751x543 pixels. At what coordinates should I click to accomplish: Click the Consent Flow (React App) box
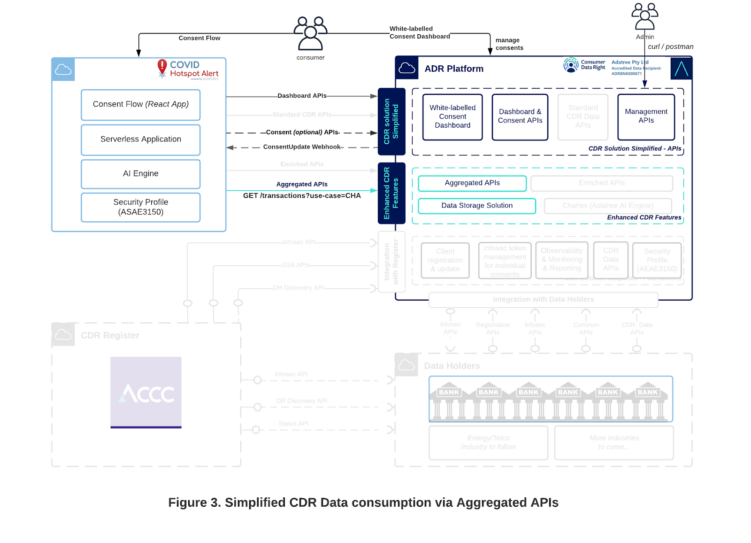[140, 104]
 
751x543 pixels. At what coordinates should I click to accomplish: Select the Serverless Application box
[140, 140]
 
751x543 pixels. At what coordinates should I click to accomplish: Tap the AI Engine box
[140, 174]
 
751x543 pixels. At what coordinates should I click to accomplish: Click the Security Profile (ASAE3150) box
[140, 207]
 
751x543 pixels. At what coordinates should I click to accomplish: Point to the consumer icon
[310, 33]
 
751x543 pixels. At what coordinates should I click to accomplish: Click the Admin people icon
[644, 17]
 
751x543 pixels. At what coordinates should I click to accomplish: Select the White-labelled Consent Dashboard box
[452, 116]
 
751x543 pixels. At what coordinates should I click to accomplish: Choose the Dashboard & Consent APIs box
[520, 116]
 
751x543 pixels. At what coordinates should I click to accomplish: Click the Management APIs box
[646, 116]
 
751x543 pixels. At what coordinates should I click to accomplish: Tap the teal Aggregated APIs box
[472, 183]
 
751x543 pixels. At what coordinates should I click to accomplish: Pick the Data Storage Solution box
[476, 206]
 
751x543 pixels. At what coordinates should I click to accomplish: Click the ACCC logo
[146, 393]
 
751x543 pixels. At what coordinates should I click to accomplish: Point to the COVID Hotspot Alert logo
[188, 69]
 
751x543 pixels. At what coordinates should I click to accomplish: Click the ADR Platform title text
[453, 69]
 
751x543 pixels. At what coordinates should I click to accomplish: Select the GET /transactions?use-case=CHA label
[302, 196]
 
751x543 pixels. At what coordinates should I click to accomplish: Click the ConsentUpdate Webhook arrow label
[302, 147]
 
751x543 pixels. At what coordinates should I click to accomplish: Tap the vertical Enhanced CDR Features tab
[391, 193]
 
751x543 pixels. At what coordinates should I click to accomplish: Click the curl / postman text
[670, 47]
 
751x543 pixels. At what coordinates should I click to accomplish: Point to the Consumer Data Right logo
[584, 65]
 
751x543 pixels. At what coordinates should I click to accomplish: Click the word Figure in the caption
[187, 503]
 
